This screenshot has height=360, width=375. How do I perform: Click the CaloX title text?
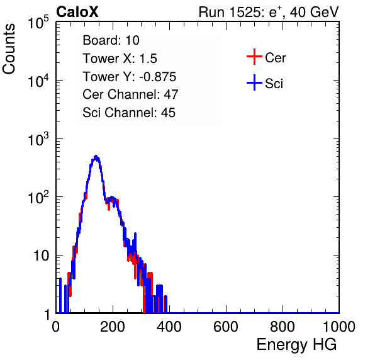click(x=77, y=12)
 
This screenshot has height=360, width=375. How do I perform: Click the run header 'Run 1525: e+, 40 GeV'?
click(x=269, y=12)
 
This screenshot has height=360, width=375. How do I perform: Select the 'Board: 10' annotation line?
click(x=111, y=40)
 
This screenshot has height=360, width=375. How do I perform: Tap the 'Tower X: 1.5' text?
click(x=120, y=59)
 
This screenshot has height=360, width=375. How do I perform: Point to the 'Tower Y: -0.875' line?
click(x=130, y=77)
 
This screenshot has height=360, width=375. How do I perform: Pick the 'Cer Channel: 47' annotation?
click(x=130, y=94)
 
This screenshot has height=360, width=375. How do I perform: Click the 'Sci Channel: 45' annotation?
click(x=129, y=113)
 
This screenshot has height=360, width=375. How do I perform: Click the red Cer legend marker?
click(x=254, y=57)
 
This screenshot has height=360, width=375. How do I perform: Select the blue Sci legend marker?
click(x=254, y=82)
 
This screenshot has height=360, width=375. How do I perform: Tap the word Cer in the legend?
click(x=275, y=58)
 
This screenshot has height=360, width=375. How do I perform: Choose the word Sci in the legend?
click(x=274, y=84)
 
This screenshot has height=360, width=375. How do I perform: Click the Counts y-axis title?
click(x=9, y=48)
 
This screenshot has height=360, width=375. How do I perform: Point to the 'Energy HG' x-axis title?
click(x=296, y=345)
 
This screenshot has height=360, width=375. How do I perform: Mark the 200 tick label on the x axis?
click(x=113, y=327)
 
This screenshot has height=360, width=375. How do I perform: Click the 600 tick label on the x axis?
click(x=226, y=327)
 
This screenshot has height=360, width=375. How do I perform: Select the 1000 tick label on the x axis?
click(x=339, y=327)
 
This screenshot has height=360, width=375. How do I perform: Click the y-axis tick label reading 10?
click(x=41, y=256)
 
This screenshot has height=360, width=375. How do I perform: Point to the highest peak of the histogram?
click(x=96, y=156)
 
